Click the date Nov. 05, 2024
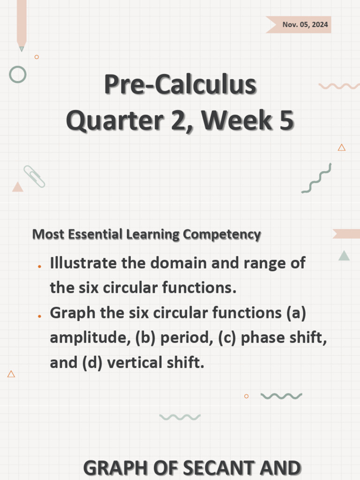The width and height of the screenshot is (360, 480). pos(305,25)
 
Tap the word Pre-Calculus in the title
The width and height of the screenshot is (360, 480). pos(180,85)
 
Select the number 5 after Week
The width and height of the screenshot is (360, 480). pos(285,120)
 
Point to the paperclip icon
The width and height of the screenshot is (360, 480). pos(34,176)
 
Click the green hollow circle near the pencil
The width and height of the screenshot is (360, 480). pos(18,75)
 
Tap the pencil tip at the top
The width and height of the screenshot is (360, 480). pos(22,48)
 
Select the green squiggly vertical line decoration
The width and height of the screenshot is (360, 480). pos(316,179)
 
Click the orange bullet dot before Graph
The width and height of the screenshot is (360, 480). pos(40,316)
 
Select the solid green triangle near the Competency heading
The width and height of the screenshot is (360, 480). pos(344,256)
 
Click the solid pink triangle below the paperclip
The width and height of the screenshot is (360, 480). pos(18,187)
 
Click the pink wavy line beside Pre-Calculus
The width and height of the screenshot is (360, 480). pos(339,86)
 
